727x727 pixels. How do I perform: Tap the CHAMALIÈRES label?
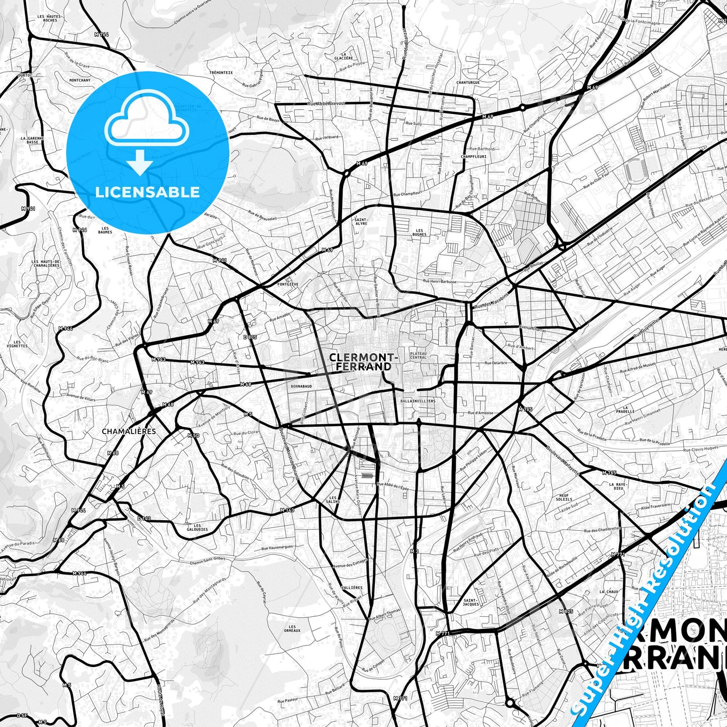click(129, 431)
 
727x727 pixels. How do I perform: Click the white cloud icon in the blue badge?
click(146, 123)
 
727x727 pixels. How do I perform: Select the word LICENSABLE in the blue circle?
click(147, 192)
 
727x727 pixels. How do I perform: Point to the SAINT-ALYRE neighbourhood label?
click(361, 221)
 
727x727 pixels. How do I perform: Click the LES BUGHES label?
click(419, 232)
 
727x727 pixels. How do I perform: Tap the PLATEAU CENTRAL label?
click(418, 355)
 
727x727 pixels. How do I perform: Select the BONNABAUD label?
click(301, 386)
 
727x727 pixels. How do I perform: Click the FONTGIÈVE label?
click(288, 284)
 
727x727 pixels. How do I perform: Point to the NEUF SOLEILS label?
click(564, 498)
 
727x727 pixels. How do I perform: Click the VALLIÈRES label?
click(352, 588)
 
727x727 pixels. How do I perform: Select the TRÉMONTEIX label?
click(221, 72)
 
